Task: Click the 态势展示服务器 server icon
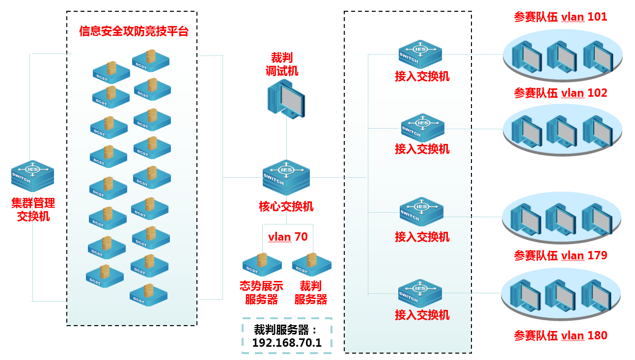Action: [x=262, y=264]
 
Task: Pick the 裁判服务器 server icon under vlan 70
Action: [x=311, y=264]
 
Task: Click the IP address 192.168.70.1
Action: [x=287, y=343]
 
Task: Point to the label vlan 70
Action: [x=288, y=237]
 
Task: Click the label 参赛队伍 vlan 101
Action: [x=560, y=17]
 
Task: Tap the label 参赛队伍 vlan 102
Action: [x=560, y=93]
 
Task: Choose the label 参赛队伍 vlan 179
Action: [x=560, y=255]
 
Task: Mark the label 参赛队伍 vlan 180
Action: [x=560, y=336]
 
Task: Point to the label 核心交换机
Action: [x=286, y=206]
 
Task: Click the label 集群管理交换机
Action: [x=33, y=209]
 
